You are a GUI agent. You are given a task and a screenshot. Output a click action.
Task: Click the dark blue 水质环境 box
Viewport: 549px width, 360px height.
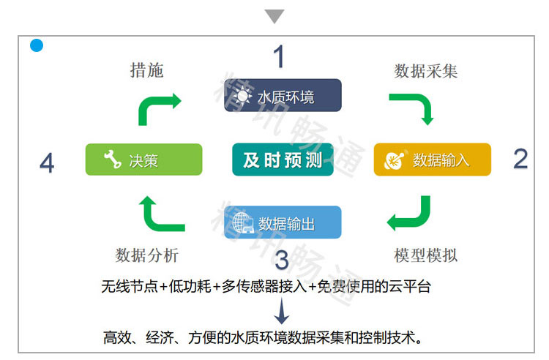coord(283,95)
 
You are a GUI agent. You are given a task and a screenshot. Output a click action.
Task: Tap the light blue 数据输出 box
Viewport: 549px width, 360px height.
coord(283,222)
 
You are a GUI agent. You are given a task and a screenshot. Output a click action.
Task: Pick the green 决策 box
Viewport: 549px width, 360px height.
coord(143,160)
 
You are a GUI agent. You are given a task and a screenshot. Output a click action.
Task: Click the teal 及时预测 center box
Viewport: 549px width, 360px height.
coord(283,160)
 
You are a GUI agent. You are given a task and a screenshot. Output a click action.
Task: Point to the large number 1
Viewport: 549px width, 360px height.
coord(278,56)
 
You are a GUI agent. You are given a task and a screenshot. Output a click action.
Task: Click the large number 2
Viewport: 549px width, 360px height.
coord(520,158)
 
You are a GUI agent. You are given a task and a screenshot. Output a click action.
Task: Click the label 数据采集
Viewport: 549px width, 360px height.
coord(426,70)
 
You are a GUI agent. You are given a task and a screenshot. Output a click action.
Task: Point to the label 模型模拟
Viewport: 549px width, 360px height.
coord(426,255)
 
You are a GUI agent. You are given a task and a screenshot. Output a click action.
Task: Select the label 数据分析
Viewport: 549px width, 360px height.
coord(146,255)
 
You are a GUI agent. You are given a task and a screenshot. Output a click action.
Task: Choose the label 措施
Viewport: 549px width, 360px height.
coord(146,70)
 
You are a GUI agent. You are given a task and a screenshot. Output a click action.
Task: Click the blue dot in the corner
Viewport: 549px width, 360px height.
coord(37,46)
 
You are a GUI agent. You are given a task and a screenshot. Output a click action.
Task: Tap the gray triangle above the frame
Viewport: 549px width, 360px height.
coord(274,16)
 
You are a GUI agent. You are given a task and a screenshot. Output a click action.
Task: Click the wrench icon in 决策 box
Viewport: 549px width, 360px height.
coord(112,160)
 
